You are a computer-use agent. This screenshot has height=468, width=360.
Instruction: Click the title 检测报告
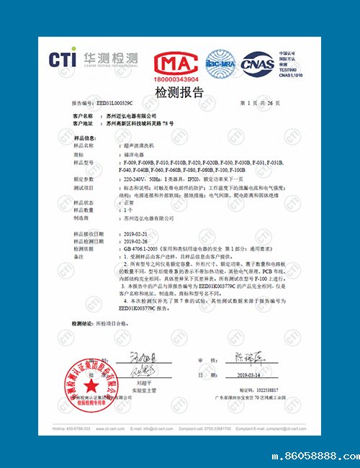pos(179,92)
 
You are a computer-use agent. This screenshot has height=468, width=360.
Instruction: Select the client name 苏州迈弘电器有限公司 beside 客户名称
pos(130,115)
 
